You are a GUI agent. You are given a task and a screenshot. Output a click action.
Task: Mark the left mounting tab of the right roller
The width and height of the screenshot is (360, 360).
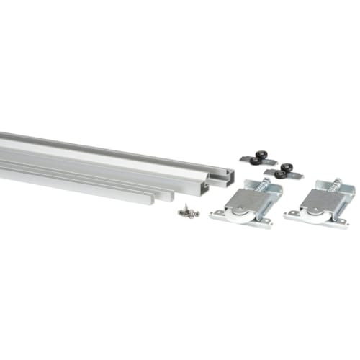292,214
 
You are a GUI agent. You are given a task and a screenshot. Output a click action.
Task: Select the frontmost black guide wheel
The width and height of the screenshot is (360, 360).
279,174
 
